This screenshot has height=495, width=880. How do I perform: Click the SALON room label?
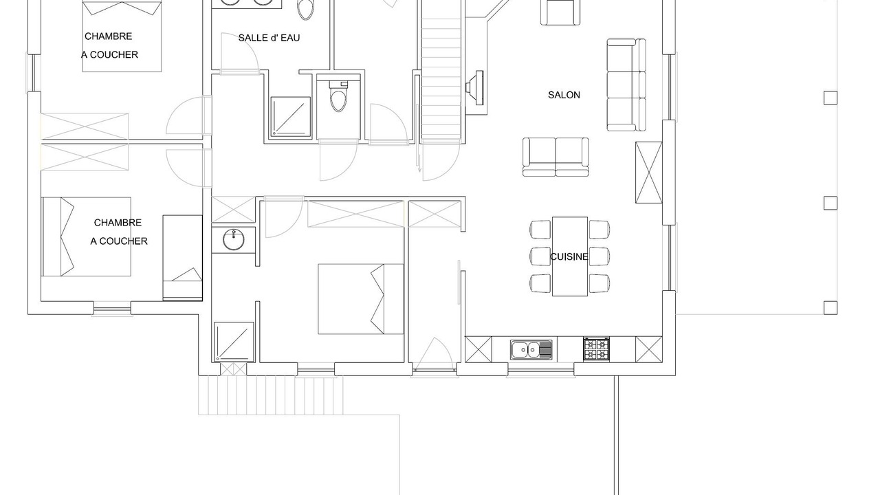coord(564,95)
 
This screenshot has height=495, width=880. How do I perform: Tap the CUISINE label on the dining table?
coord(569,256)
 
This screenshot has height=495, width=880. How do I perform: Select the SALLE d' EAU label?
coord(269,38)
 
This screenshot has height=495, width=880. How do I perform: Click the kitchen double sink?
coord(531,349)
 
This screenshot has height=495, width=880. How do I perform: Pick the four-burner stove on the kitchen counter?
coord(596,349)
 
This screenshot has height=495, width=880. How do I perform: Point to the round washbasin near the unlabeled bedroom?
coord(234,240)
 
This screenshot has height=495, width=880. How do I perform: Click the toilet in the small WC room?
coord(338,97)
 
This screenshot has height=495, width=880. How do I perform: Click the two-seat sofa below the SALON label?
coord(555,157)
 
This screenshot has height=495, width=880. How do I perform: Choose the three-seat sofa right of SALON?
coord(626,85)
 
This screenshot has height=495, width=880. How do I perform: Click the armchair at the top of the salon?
coord(560,12)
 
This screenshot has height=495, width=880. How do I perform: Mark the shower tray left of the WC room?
coord(291,117)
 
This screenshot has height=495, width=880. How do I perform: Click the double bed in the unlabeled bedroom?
coord(361,299)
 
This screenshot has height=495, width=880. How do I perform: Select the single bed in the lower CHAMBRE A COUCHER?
coord(183,258)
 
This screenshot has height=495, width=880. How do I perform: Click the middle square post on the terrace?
coord(830,203)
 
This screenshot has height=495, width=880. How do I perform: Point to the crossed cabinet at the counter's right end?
coord(648,349)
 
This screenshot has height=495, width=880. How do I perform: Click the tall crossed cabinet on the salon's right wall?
coord(648,173)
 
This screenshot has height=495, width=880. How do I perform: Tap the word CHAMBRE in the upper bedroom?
coord(109,36)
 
